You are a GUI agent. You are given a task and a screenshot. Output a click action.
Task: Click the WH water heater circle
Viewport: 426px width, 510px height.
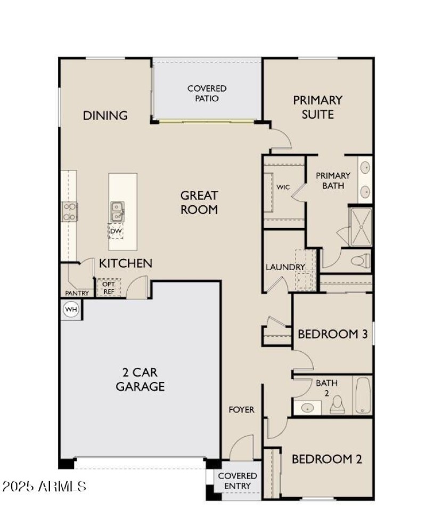[x=71, y=309]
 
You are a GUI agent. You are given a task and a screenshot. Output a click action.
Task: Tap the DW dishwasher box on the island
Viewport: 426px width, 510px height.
[x=116, y=231]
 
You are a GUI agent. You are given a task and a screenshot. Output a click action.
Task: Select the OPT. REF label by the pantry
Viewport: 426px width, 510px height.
[x=109, y=288]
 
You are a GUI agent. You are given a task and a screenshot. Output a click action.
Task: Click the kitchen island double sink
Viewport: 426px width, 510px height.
[x=117, y=212]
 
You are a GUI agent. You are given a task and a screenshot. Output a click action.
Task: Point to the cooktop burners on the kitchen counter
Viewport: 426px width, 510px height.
[x=70, y=212]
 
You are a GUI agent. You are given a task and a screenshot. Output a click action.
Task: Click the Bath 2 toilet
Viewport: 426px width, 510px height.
[x=337, y=405]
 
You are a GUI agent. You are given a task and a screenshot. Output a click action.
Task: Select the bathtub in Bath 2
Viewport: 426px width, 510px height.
[x=363, y=395]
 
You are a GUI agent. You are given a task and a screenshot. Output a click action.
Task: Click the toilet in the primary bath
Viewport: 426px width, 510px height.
[x=361, y=261]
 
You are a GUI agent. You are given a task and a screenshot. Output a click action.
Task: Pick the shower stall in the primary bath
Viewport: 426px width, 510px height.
[x=360, y=227]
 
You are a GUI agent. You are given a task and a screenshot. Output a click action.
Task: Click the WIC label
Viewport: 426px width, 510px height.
[x=283, y=187]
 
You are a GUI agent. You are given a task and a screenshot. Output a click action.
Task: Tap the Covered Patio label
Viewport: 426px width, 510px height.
[x=207, y=93]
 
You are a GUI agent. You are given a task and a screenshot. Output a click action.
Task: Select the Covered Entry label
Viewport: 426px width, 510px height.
[x=237, y=481]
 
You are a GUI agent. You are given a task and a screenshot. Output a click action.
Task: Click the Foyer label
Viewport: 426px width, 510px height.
[x=241, y=410]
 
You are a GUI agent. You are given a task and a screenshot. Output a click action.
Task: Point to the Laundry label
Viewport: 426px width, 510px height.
[x=285, y=268]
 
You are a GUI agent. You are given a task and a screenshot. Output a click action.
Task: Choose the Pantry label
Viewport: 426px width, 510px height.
[x=77, y=293]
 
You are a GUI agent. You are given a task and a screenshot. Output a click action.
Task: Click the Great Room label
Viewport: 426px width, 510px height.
[x=199, y=203]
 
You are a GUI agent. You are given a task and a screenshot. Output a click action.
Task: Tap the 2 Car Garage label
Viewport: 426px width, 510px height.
[x=141, y=379]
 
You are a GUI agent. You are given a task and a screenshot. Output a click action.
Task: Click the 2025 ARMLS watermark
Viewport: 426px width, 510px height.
[x=44, y=486]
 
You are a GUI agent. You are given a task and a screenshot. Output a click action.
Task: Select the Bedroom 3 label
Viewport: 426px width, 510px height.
[x=333, y=334]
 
